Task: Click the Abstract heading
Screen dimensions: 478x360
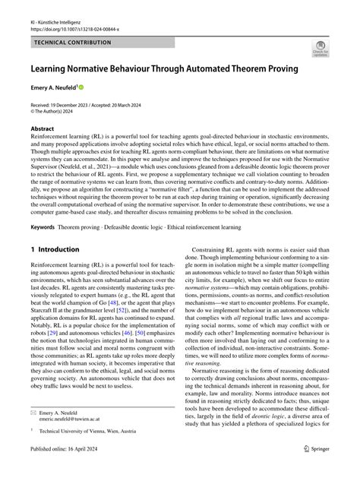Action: pos(42,129)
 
